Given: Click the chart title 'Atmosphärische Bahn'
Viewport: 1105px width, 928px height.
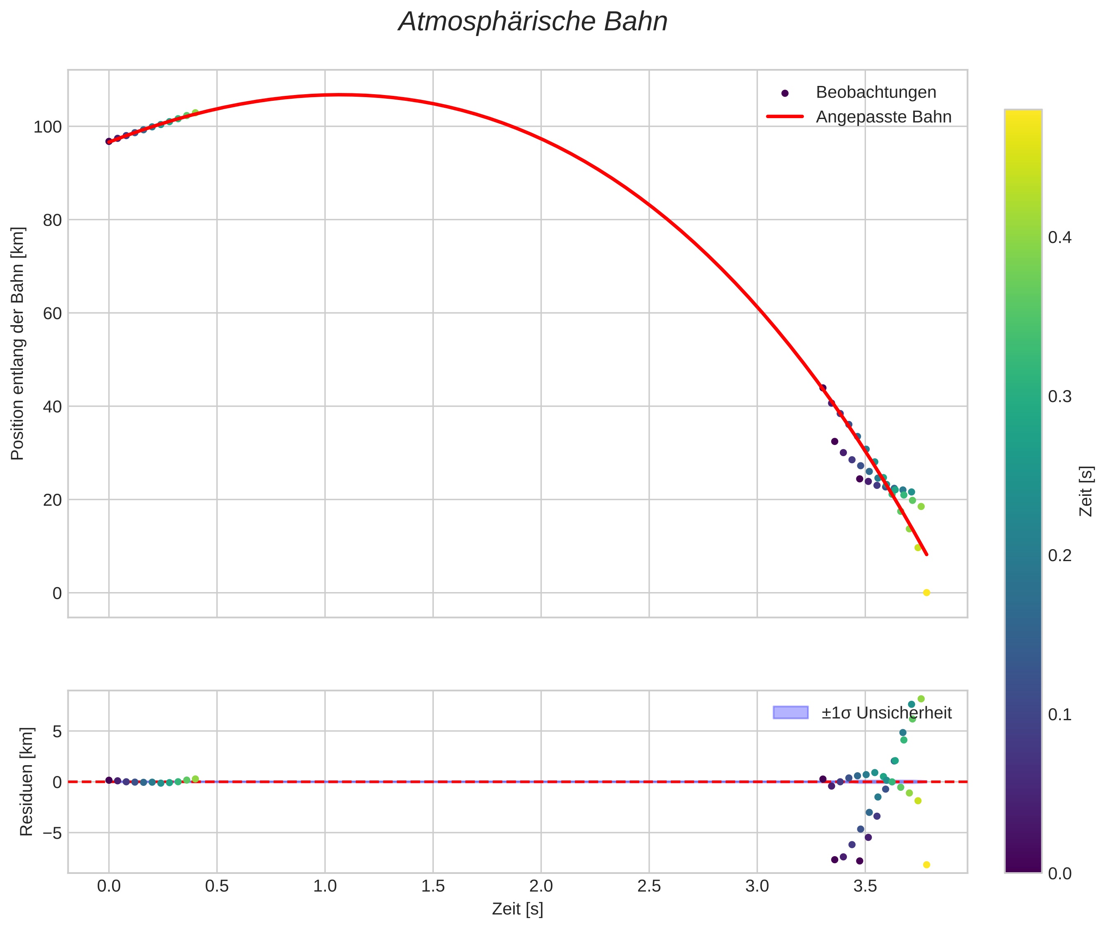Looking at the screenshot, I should coord(533,22).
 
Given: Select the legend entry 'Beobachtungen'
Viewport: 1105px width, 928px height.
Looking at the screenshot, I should coord(875,93).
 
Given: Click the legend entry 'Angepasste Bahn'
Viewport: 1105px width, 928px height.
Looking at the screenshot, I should coord(883,117).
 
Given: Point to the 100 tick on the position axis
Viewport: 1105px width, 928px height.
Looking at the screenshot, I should coord(48,127).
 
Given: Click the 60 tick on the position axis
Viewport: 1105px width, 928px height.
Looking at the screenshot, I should coord(52,314).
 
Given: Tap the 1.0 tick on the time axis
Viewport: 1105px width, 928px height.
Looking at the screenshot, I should coord(325,886).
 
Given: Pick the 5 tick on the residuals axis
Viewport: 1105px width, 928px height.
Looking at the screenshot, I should coord(57,731).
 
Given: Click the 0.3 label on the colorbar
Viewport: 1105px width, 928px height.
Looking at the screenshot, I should coord(1059,397).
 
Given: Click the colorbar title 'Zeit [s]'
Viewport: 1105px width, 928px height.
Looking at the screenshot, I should coord(1086,491).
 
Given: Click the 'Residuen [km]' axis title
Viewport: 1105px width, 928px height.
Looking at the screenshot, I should coord(26,782).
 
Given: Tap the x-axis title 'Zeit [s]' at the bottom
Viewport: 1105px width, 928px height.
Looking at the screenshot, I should coord(517,909).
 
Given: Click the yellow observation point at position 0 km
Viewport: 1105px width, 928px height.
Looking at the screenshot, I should coord(926,593).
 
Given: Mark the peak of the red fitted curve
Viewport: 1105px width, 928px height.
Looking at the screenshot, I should coord(340,95).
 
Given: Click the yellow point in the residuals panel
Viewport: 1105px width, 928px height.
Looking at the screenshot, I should coord(926,865).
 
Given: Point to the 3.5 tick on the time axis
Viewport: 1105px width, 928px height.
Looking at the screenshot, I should coord(865,886).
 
